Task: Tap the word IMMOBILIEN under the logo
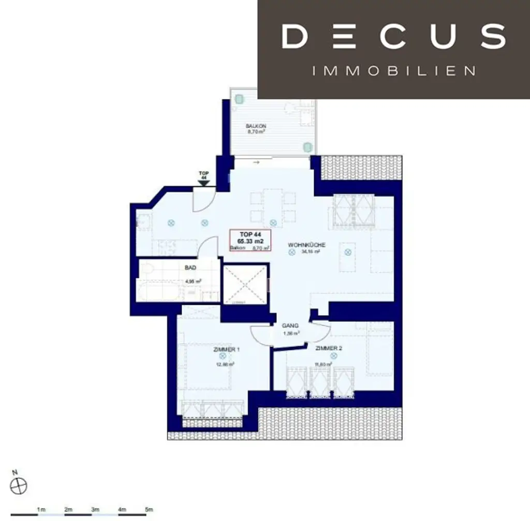tap(394, 70)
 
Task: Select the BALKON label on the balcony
tap(256, 126)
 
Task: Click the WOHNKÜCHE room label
tap(307, 245)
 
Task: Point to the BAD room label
tap(190, 268)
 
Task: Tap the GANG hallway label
tap(290, 326)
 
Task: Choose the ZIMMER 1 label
tap(226, 350)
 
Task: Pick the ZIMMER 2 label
tap(329, 348)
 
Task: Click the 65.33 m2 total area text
tap(250, 241)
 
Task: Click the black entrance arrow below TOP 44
tap(204, 182)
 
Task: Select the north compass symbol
tap(18, 485)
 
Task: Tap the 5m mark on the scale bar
tap(149, 510)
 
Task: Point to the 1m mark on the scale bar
tap(41, 510)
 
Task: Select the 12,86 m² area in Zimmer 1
tap(226, 364)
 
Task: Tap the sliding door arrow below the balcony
tap(256, 162)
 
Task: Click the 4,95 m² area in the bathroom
tap(193, 281)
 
